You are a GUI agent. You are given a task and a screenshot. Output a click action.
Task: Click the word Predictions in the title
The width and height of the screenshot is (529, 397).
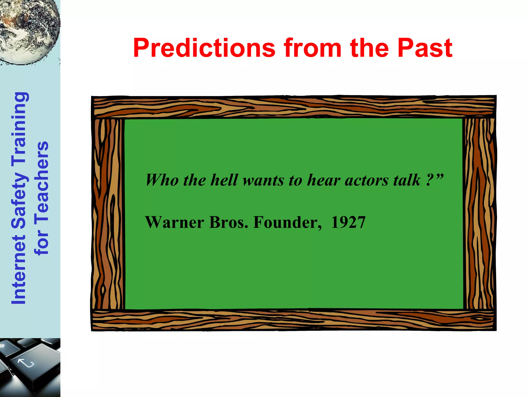[x=204, y=48]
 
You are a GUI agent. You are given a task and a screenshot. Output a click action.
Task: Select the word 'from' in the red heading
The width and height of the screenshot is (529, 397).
[x=313, y=48]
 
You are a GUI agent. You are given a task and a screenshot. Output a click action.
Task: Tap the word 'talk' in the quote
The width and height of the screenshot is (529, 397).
[x=407, y=180]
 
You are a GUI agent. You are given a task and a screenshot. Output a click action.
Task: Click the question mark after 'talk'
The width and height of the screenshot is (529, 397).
[x=430, y=180]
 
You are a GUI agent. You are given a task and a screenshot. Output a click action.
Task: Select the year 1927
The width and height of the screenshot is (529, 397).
[x=348, y=222]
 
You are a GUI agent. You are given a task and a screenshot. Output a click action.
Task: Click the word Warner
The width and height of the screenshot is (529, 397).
[x=175, y=222]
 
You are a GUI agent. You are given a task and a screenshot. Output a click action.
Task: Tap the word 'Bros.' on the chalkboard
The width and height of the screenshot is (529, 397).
[x=229, y=222]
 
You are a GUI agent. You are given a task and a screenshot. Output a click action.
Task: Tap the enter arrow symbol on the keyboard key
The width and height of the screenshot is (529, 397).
[x=26, y=363]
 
